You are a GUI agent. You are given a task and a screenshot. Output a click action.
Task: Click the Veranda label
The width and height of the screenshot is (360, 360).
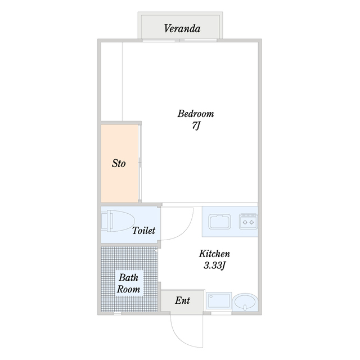(182, 29)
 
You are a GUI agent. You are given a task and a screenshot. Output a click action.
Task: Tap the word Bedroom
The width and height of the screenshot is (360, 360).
(196, 114)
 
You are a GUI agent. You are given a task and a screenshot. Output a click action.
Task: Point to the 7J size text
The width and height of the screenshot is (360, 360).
(196, 126)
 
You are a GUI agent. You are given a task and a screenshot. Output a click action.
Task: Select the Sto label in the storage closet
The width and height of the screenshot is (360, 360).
(119, 164)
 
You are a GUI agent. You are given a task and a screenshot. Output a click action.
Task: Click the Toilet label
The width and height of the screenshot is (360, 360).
(144, 231)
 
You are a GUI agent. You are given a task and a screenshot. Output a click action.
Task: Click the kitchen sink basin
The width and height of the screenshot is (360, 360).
(219, 222)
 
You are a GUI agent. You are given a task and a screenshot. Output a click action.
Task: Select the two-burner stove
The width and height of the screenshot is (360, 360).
(248, 222)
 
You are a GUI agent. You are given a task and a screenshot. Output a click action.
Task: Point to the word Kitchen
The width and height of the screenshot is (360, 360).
(214, 254)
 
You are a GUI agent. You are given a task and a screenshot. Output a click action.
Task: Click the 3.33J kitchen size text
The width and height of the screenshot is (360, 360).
(214, 265)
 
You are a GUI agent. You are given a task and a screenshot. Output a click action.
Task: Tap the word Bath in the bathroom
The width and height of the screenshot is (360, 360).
(129, 278)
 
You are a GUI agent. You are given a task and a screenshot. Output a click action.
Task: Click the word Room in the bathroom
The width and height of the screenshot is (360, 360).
(128, 289)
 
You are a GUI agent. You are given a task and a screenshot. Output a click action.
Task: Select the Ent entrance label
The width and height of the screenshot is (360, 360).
(182, 300)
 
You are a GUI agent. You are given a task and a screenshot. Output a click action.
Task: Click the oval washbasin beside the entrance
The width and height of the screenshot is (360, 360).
(245, 302)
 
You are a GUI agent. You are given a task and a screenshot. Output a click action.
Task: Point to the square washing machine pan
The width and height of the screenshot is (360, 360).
(219, 301)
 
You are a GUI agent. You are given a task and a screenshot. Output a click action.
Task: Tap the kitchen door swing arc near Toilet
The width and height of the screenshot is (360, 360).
(186, 232)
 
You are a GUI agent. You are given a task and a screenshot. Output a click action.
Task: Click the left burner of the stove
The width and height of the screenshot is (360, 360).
(245, 222)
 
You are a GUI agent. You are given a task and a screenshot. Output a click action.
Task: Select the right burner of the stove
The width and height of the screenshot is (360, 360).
(252, 222)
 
